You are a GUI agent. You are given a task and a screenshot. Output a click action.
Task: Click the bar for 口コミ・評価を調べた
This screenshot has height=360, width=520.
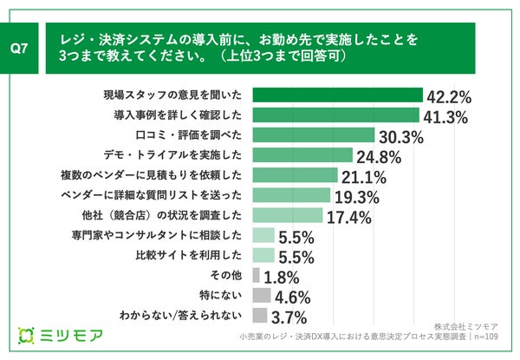pyautogui.click(x=313, y=135)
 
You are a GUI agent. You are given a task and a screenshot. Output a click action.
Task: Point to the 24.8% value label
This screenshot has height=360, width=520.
pyautogui.click(x=380, y=156)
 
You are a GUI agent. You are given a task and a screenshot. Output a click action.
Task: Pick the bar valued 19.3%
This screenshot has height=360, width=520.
pyautogui.click(x=291, y=195)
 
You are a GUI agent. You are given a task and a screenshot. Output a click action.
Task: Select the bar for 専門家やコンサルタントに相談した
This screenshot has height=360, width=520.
pyautogui.click(x=263, y=235)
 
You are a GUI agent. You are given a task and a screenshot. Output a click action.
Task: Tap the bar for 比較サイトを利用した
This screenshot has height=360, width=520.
pyautogui.click(x=263, y=255)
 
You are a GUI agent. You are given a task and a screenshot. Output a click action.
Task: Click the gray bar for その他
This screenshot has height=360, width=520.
pyautogui.click(x=256, y=275)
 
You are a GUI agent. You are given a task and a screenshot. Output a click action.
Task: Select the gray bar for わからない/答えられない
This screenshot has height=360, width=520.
pyautogui.click(x=260, y=316)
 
